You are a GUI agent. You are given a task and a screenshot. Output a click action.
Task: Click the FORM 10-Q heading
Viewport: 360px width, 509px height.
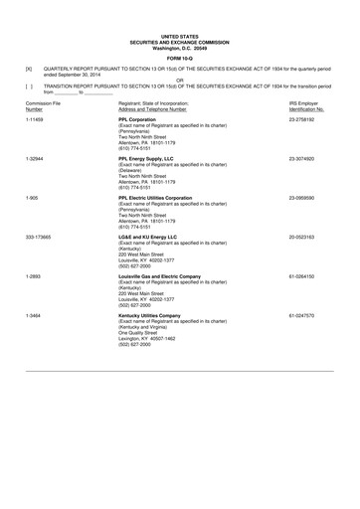coord(179,56)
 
